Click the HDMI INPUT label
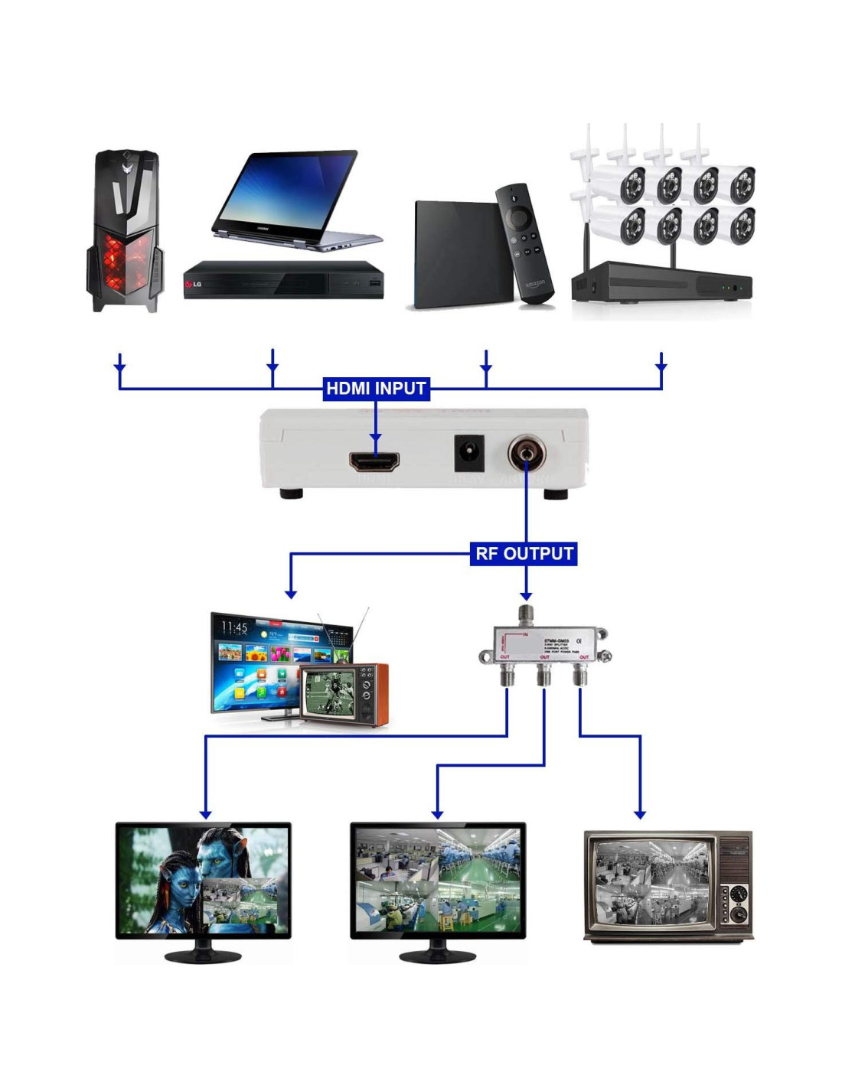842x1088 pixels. click(x=375, y=389)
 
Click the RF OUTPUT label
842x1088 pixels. click(x=524, y=554)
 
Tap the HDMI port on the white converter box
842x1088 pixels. click(x=374, y=461)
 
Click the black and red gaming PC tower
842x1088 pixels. click(x=125, y=230)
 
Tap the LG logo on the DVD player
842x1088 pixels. click(x=194, y=285)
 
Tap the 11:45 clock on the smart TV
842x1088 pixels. click(x=234, y=628)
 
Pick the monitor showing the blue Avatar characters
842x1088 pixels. click(x=204, y=880)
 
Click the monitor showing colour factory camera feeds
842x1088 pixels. click(x=438, y=880)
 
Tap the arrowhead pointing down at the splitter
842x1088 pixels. click(x=526, y=595)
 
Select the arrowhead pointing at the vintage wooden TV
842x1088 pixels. click(x=640, y=815)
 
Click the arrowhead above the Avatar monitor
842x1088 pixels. click(x=205, y=815)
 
